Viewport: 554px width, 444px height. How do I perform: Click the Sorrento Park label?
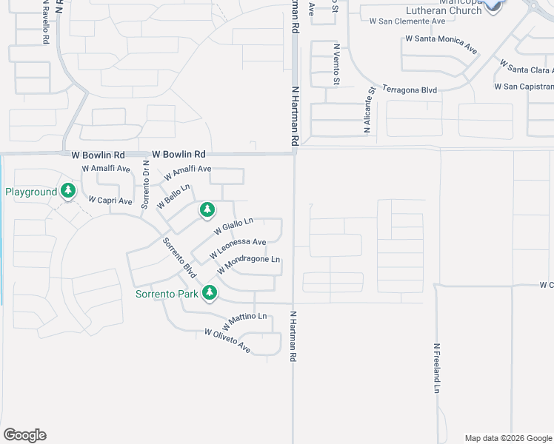click(x=167, y=294)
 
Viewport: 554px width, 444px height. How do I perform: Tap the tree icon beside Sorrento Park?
click(x=210, y=293)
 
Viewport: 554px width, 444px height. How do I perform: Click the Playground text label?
click(x=31, y=192)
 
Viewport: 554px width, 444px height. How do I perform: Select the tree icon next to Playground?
click(x=68, y=192)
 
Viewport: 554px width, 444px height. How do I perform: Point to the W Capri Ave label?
click(x=110, y=201)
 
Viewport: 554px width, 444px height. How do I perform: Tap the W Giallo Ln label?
click(x=234, y=226)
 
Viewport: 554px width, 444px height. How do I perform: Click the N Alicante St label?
click(x=367, y=109)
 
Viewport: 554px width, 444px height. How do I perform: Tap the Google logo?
click(x=24, y=435)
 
